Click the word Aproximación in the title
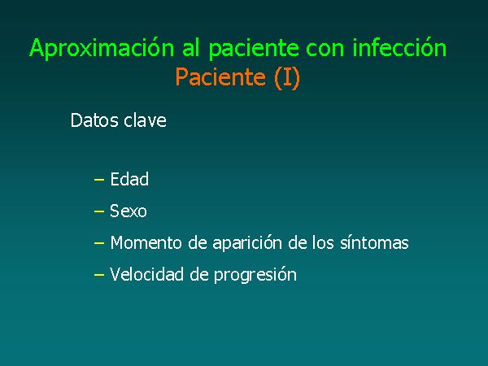(x=102, y=48)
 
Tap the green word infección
(x=399, y=47)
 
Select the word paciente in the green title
(x=254, y=49)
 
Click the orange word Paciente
(x=220, y=76)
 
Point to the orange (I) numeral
(x=287, y=77)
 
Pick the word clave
(x=145, y=120)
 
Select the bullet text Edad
(x=129, y=179)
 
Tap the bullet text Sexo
(x=129, y=211)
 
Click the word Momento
(x=146, y=242)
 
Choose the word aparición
(x=247, y=243)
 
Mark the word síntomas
(x=374, y=242)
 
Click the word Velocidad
(x=146, y=275)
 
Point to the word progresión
(x=255, y=275)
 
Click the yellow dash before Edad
(x=99, y=180)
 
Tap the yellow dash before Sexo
(x=99, y=211)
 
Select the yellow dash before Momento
(x=99, y=243)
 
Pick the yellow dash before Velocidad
(x=99, y=275)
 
